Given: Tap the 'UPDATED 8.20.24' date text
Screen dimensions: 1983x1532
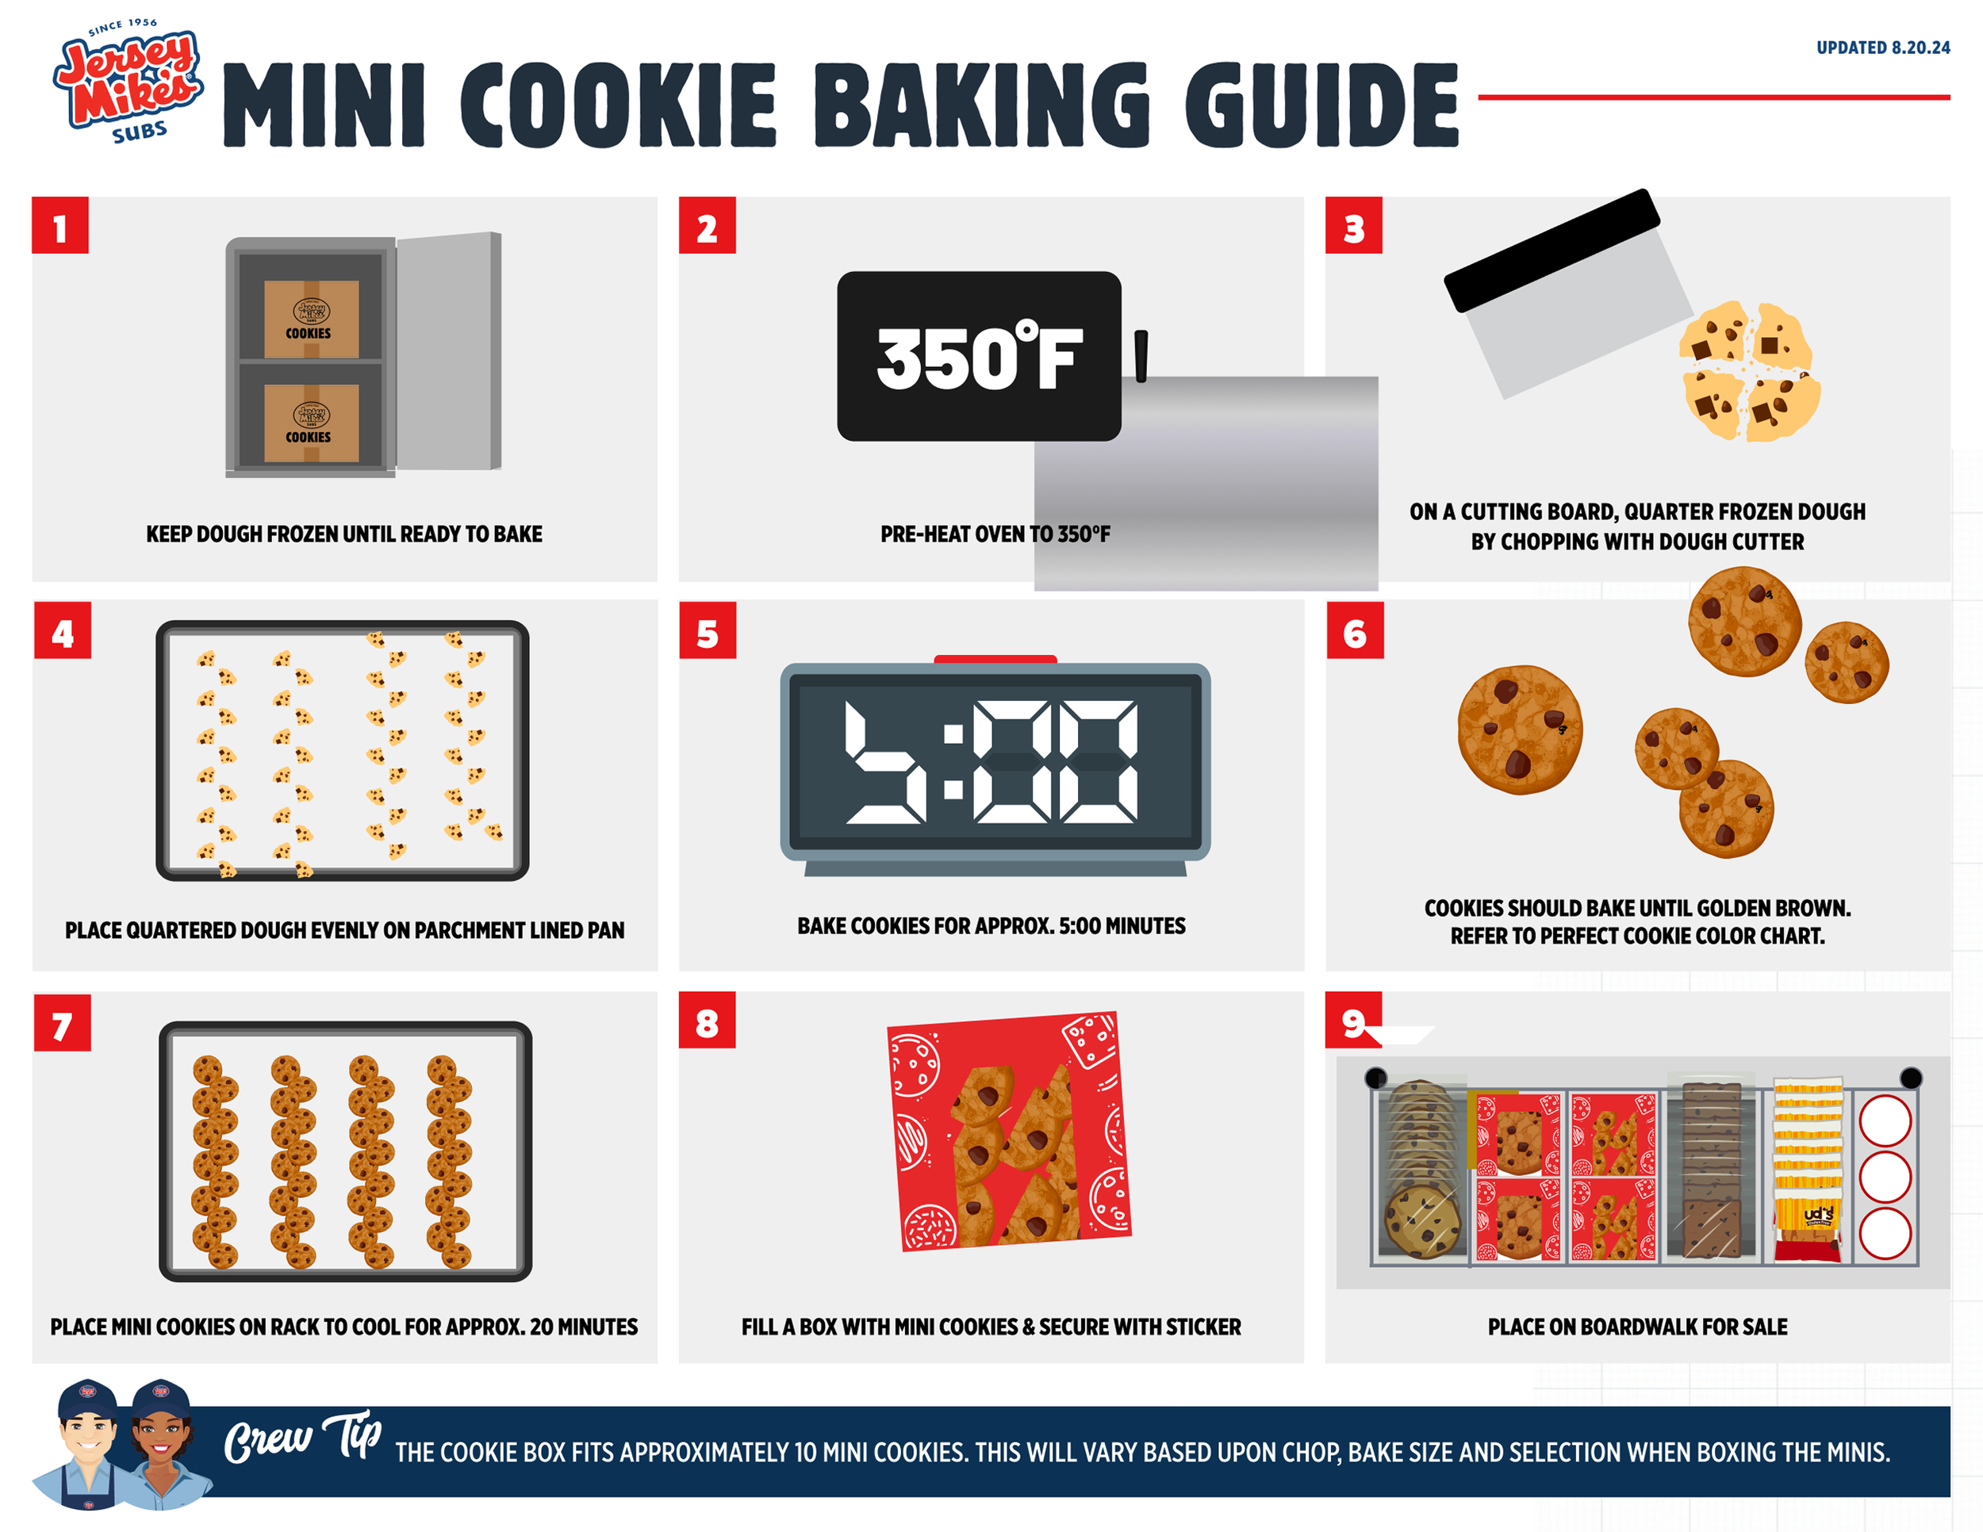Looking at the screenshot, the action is pos(1882,48).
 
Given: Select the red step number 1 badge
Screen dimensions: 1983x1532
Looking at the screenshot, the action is pos(60,225).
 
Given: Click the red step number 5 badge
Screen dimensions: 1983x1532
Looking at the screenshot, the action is pos(708,630).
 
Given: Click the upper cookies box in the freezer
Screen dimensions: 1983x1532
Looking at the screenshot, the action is pos(310,319).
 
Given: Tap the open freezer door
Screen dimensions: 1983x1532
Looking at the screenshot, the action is pos(448,350).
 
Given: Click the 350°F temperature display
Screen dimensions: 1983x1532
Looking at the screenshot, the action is pos(979,356).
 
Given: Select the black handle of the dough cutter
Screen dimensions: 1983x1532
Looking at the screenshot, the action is pos(1551,251).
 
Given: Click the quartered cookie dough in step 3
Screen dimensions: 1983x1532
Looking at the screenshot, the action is pos(1749,371).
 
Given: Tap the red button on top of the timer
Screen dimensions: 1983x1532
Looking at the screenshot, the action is pos(995,659).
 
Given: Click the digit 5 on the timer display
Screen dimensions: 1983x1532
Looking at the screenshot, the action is pos(886,762).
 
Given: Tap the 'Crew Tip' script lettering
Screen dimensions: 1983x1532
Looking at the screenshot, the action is pos(303,1438).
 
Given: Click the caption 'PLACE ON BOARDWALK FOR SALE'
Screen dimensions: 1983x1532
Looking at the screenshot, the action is pos(1637,1327).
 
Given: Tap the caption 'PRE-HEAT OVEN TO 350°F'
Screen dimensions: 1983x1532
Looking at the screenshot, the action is pos(995,534).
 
